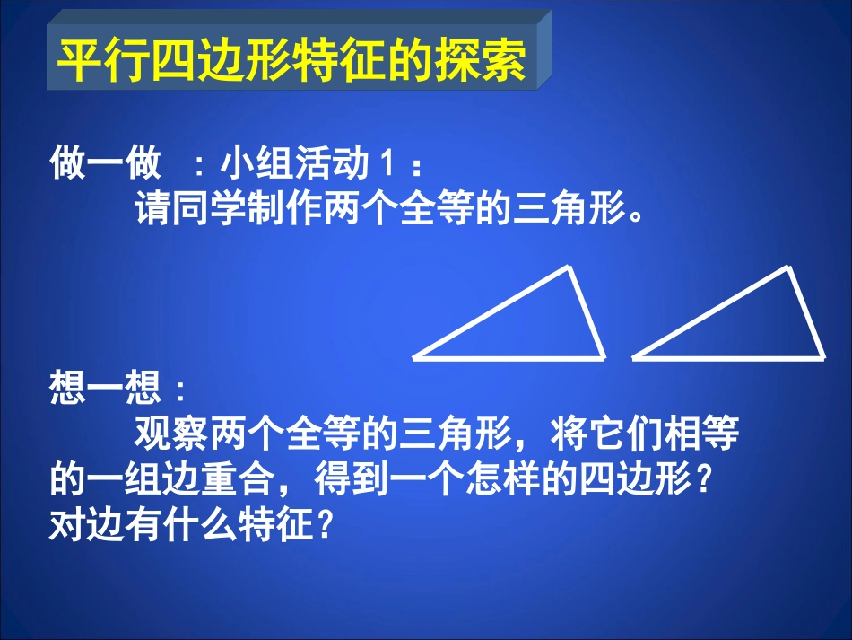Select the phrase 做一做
(x=106, y=164)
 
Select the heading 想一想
(x=106, y=390)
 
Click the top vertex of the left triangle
(x=568, y=267)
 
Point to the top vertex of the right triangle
(x=787, y=267)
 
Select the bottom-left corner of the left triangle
(x=415, y=357)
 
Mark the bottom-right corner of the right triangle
(x=822, y=356)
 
